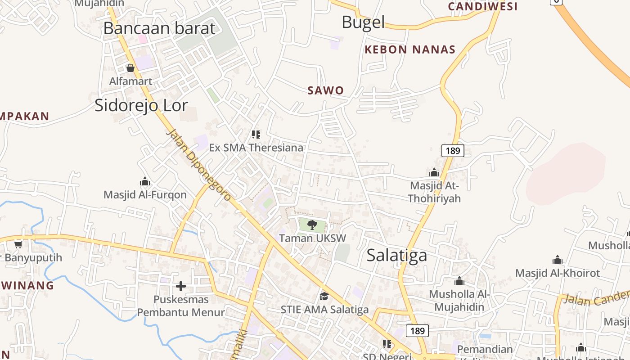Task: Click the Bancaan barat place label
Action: click(x=159, y=28)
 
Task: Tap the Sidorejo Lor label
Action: click(x=141, y=105)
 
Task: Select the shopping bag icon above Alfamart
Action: click(x=130, y=68)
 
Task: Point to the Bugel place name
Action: click(x=363, y=22)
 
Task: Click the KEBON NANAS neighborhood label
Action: click(x=410, y=49)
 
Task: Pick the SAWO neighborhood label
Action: click(x=325, y=90)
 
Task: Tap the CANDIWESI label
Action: click(x=483, y=7)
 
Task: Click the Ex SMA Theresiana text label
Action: click(x=256, y=148)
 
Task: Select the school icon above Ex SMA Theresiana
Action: click(x=256, y=134)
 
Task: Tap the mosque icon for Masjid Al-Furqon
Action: click(x=145, y=181)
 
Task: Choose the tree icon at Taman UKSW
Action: click(x=312, y=225)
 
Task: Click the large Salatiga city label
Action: click(x=396, y=256)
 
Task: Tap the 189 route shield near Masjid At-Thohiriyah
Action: click(x=452, y=150)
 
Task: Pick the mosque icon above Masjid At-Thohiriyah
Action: click(x=434, y=172)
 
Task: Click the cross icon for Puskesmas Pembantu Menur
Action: click(x=181, y=286)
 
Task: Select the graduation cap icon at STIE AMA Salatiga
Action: click(x=324, y=296)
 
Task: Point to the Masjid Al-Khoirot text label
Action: click(x=558, y=273)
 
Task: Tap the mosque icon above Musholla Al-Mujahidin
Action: click(x=459, y=281)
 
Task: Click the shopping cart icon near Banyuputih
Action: click(x=18, y=244)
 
